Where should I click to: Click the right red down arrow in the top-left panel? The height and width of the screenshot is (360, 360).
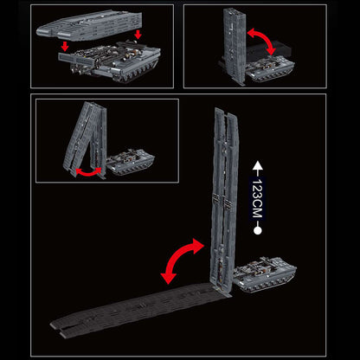coord(138,34)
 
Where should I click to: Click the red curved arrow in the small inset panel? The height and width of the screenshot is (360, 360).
coord(86,171)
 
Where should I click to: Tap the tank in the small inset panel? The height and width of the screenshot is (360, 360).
coord(130,163)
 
